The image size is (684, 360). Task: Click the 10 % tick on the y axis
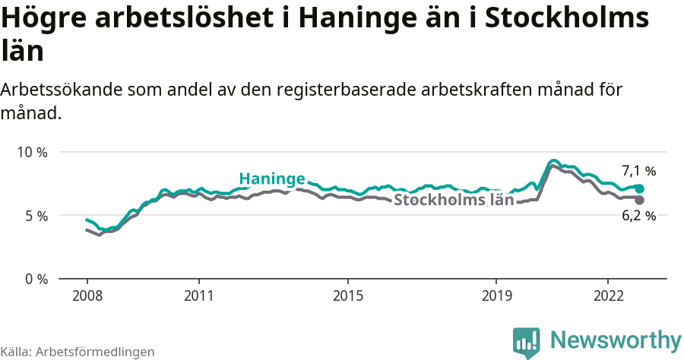[33, 152]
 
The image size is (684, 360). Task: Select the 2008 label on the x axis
[87, 295]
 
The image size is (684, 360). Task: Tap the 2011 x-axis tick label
[198, 295]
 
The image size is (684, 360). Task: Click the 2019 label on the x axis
[496, 295]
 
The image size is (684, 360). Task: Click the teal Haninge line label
[272, 178]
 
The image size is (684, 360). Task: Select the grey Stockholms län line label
[454, 201]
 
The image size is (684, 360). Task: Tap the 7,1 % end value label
[638, 171]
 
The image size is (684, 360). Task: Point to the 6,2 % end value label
[638, 216]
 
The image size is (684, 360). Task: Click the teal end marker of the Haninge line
[639, 188]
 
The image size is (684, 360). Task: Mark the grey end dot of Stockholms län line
[639, 200]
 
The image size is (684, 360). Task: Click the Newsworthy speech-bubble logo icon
[527, 343]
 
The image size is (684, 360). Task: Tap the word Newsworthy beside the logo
[616, 339]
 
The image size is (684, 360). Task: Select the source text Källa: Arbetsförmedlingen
[78, 352]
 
